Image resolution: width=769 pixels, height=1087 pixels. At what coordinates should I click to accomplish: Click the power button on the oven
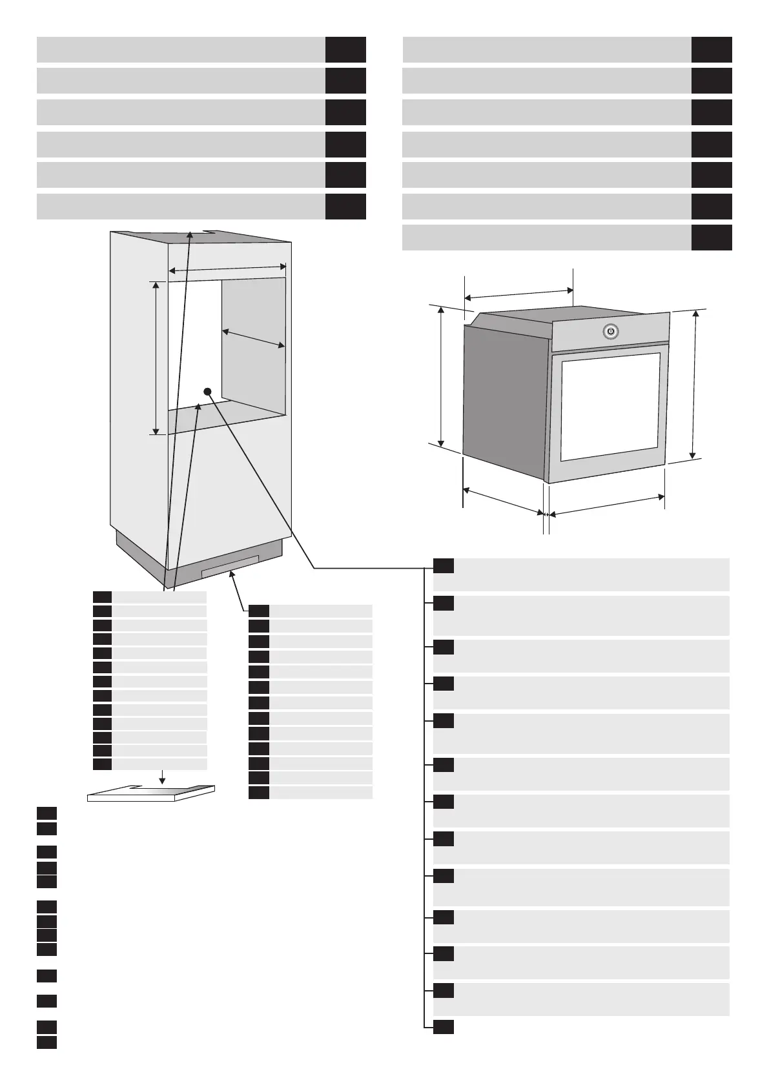(x=611, y=332)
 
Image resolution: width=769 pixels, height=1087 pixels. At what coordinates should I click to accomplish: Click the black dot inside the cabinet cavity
(x=207, y=391)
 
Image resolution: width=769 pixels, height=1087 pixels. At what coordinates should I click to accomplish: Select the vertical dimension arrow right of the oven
(x=695, y=384)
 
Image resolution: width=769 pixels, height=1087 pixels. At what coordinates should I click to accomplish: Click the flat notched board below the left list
(x=151, y=793)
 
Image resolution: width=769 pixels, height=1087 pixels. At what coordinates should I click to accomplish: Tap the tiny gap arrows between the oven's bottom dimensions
(x=546, y=514)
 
